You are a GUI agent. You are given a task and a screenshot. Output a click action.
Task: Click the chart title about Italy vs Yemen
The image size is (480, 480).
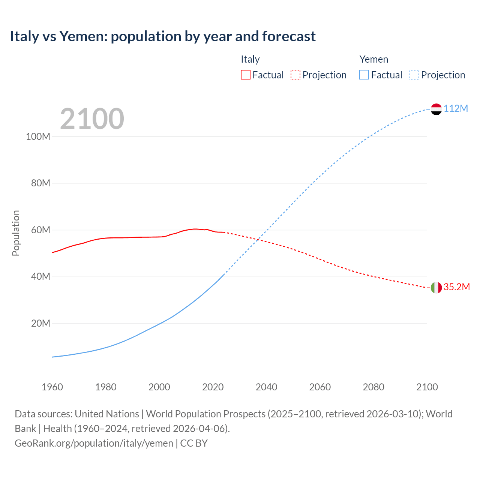[x=163, y=36]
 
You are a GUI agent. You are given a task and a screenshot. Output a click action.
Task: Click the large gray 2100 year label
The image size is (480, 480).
[x=92, y=119]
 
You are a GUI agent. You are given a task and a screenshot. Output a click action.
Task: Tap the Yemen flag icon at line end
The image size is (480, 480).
[x=436, y=109]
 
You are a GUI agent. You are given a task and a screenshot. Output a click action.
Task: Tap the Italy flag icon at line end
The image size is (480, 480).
[x=436, y=288]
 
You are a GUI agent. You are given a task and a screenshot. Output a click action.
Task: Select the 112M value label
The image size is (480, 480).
[x=456, y=108]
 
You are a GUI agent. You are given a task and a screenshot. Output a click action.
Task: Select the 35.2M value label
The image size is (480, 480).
[x=456, y=287]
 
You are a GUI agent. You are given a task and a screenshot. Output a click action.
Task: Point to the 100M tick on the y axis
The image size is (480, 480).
[x=38, y=136]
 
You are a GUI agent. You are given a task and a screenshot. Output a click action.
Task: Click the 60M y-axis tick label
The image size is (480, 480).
[x=40, y=230]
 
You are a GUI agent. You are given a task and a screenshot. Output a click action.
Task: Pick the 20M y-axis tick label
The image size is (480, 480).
[x=40, y=323]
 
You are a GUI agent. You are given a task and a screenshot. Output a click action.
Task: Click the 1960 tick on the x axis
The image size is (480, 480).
[x=52, y=387]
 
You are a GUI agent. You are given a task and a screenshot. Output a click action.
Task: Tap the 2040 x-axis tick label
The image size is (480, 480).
[x=266, y=387]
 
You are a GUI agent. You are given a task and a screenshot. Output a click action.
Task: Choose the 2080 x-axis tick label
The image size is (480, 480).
[x=373, y=387]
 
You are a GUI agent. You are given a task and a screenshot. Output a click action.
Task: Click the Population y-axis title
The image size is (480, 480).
[x=16, y=233]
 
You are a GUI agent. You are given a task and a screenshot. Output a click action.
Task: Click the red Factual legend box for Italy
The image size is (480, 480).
[x=245, y=75]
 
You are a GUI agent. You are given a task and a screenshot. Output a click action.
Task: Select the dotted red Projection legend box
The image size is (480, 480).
[x=295, y=75]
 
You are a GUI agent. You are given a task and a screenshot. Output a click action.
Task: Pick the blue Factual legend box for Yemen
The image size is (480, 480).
[x=364, y=75]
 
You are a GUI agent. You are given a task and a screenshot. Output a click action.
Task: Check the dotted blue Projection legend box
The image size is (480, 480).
[x=414, y=75]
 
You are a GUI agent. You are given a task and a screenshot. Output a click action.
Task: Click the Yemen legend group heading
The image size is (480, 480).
[x=373, y=59]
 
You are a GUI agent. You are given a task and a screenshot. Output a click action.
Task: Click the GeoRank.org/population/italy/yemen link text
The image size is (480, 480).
[x=94, y=443]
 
